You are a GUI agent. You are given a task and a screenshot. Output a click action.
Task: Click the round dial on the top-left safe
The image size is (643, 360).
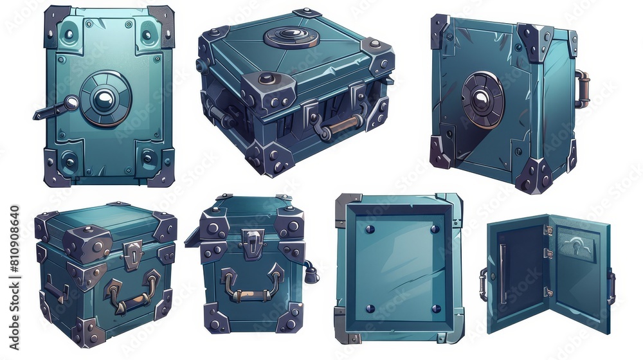pyautogui.click(x=103, y=98)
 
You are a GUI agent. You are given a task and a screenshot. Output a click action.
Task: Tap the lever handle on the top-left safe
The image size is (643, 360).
pyautogui.click(x=55, y=109)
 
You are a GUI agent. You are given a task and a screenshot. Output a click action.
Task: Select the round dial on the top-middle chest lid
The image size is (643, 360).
pyautogui.click(x=291, y=37)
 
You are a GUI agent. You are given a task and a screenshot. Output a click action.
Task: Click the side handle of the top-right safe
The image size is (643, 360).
pyautogui.click(x=582, y=89)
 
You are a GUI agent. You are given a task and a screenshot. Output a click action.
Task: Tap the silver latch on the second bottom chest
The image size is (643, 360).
pyautogui.click(x=252, y=243)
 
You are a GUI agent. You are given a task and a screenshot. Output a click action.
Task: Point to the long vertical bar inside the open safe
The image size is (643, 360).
pyautogui.click(x=502, y=273)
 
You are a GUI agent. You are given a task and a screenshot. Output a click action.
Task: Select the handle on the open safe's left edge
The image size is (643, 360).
pyautogui.click(x=482, y=284)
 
